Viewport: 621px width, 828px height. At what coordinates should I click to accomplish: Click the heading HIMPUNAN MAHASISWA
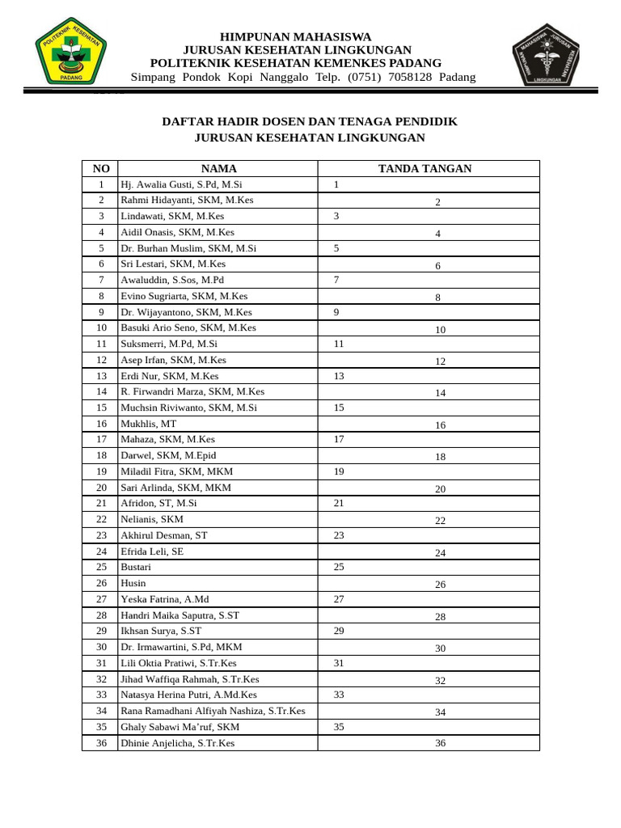(x=296, y=37)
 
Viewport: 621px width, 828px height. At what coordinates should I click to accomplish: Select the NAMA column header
(x=218, y=168)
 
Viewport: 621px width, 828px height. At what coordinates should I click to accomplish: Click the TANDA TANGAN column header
(x=425, y=168)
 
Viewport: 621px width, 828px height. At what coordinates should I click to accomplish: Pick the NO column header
(x=101, y=168)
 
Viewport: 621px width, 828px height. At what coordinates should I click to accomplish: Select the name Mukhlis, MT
(x=148, y=424)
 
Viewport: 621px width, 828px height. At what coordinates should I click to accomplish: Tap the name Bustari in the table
(x=136, y=567)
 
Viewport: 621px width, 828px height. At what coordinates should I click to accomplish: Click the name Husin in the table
(x=133, y=583)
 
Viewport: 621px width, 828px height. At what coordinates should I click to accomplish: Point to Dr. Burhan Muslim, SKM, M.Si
(x=188, y=248)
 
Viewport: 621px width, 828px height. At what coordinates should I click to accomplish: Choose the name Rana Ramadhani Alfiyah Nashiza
(x=213, y=711)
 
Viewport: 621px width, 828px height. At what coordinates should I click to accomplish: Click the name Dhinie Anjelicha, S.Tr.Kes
(x=177, y=742)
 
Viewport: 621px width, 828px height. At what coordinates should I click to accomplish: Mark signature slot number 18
(x=441, y=457)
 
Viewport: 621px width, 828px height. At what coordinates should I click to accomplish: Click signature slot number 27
(x=340, y=599)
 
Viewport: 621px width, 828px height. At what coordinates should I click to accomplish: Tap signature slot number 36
(x=441, y=743)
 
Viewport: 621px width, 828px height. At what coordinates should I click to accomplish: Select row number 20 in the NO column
(x=101, y=488)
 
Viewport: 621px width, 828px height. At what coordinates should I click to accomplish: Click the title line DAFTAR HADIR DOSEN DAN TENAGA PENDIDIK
(x=310, y=121)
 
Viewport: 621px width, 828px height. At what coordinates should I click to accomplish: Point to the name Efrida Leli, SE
(x=152, y=551)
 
